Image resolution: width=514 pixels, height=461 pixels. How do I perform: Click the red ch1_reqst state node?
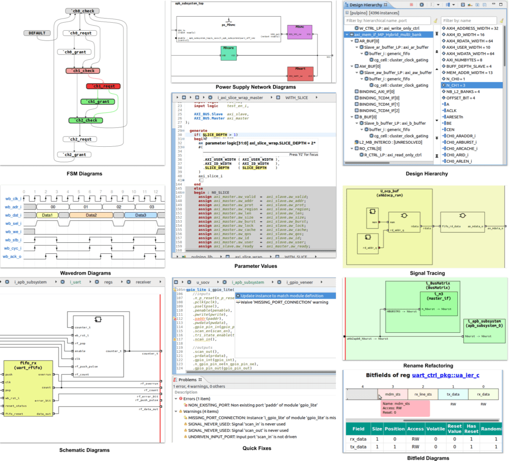pyautogui.click(x=103, y=86)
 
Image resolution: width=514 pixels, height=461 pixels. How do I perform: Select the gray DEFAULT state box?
pyautogui.click(x=37, y=33)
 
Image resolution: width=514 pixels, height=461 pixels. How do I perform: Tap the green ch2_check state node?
pyautogui.click(x=86, y=121)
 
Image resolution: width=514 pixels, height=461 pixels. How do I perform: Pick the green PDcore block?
pyautogui.click(x=229, y=52)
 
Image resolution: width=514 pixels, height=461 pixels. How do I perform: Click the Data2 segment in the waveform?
pyautogui.click(x=91, y=215)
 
